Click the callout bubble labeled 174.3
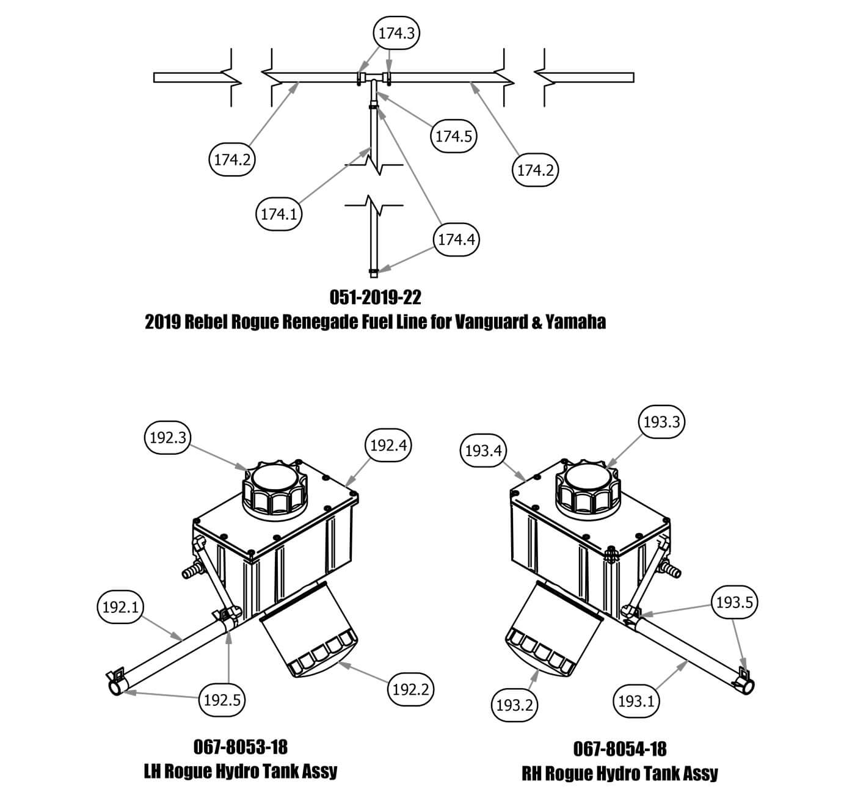coord(396,33)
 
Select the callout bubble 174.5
coord(453,136)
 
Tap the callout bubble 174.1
coord(278,214)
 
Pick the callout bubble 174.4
coord(456,239)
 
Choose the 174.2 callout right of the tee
coord(535,170)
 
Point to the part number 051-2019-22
coord(375,297)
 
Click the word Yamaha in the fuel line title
coord(577,322)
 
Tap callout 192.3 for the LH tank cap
coord(168,437)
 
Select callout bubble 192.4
coord(388,445)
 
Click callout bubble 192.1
coord(120,608)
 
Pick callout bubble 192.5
coord(222,700)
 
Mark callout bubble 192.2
coord(410,689)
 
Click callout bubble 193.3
coord(662,421)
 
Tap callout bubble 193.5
coord(735,603)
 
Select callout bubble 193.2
coord(514,705)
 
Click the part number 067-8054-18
coord(620,749)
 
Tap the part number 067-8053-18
coord(240,746)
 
